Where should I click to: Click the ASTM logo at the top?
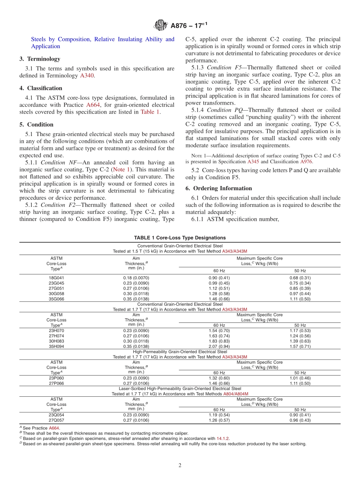coord(161,26)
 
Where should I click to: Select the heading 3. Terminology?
coord(40,59)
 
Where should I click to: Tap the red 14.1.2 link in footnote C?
coord(223,438)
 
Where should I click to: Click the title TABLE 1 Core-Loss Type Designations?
coord(180,238)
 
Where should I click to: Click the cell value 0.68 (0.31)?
coord(300,278)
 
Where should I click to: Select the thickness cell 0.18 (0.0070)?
coord(136,278)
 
